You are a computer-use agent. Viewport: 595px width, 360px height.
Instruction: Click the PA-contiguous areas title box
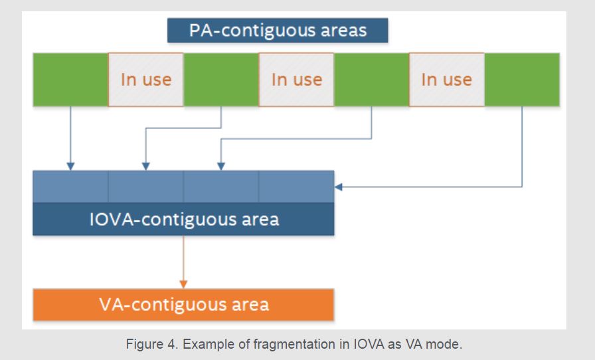click(278, 31)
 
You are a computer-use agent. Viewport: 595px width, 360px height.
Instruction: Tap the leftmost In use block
click(146, 80)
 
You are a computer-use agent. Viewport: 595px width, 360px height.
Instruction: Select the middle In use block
click(296, 80)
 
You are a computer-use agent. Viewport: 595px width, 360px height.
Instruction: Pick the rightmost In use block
click(447, 80)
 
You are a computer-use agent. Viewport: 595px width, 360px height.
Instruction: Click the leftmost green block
click(70, 80)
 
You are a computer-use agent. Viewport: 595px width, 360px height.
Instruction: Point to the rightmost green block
click(522, 80)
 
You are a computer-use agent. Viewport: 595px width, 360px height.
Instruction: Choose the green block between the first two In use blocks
click(221, 80)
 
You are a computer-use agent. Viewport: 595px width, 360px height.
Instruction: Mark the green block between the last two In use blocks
click(371, 80)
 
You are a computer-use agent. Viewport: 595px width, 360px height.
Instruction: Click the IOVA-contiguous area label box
click(184, 219)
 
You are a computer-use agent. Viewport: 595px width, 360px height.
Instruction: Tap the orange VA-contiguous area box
click(184, 305)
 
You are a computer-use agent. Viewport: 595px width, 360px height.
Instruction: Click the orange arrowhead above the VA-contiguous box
click(184, 284)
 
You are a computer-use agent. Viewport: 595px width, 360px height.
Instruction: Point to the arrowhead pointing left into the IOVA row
click(339, 187)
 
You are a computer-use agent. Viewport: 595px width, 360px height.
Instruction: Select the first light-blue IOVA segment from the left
click(70, 187)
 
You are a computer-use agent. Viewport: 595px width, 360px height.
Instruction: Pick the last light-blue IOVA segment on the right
click(296, 187)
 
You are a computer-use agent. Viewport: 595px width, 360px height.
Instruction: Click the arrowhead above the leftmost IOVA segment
click(70, 166)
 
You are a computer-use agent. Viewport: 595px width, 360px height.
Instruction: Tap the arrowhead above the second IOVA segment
click(145, 166)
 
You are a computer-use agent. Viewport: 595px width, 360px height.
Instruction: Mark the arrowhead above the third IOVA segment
click(221, 166)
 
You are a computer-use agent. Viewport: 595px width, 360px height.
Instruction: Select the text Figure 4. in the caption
click(152, 344)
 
